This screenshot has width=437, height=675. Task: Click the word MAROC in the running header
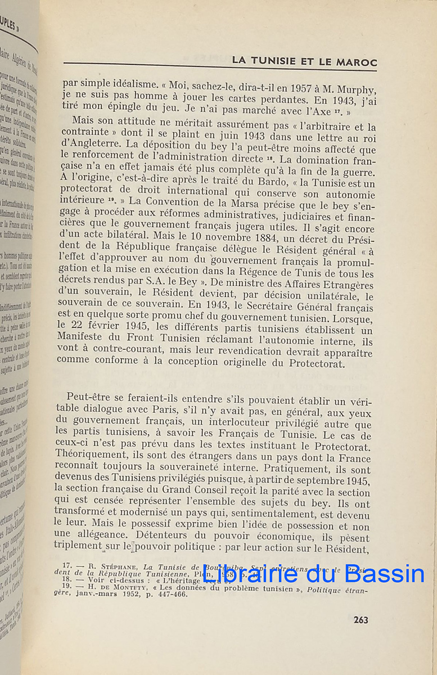[356, 62]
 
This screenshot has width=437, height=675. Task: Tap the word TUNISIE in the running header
[267, 61]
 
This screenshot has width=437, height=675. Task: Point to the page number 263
[361, 619]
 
